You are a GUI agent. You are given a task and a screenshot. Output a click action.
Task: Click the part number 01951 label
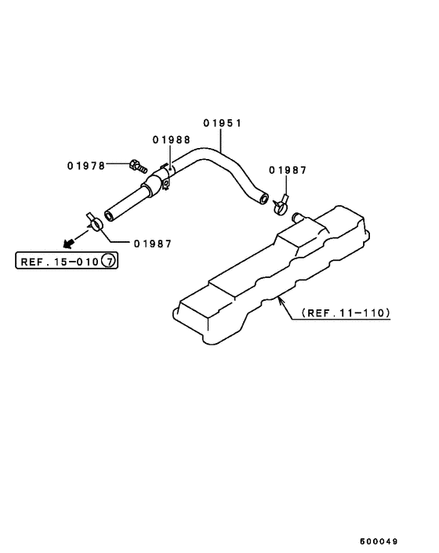pos(222,123)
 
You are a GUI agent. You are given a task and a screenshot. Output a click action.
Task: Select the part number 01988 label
pos(171,140)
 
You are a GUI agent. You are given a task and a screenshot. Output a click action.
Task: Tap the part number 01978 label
pos(86,166)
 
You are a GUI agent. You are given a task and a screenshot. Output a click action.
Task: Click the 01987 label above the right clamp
pos(288,170)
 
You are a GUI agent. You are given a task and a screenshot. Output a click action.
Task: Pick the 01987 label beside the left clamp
pos(152,244)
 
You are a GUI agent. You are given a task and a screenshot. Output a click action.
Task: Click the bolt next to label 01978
pos(138,167)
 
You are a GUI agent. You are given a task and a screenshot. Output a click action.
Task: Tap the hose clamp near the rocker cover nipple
pos(281,205)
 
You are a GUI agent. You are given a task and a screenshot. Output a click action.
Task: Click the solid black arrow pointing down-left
pos(68,243)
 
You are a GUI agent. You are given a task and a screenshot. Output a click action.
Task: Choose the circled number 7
pos(108,261)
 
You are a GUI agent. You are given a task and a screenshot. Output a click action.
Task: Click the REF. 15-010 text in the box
pos(60,262)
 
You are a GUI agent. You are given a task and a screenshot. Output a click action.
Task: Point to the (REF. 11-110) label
pos(346,313)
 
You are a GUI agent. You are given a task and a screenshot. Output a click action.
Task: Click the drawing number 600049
pos(379,541)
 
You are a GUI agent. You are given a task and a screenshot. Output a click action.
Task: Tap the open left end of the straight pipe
pos(109,216)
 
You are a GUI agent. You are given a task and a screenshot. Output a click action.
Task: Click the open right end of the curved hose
pos(263,198)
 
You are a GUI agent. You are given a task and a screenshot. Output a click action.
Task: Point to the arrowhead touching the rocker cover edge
pos(281,302)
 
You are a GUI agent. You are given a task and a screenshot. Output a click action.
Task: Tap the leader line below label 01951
pos(221,140)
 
